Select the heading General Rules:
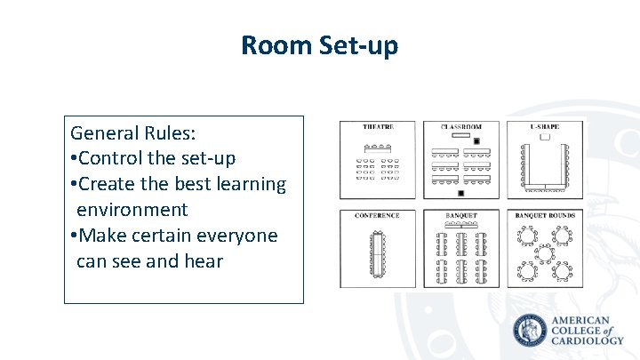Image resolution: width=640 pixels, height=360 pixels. [133, 133]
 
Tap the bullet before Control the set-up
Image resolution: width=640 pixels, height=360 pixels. [74, 159]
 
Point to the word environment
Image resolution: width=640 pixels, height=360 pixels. [132, 210]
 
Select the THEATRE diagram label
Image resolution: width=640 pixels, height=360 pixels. [378, 127]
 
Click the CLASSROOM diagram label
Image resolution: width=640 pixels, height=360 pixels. [461, 127]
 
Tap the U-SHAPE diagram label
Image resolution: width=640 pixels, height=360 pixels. [545, 127]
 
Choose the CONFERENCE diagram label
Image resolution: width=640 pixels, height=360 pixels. [378, 216]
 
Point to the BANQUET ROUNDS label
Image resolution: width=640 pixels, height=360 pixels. [545, 216]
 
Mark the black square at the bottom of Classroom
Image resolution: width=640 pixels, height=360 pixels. [461, 193]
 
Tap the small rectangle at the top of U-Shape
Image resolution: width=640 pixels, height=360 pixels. [545, 138]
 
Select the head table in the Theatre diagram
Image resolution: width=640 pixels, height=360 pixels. [378, 145]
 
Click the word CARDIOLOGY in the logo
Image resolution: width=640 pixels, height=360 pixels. [588, 340]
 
